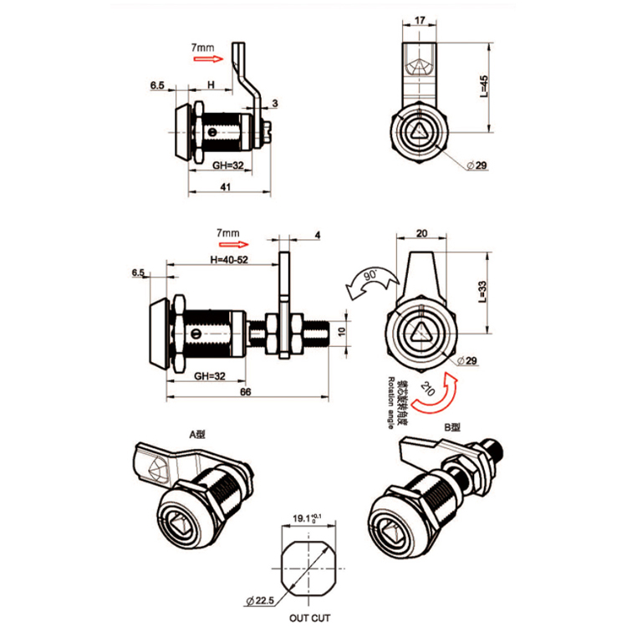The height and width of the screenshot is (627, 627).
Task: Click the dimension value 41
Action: click(225, 187)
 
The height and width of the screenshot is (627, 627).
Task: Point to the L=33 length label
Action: click(484, 290)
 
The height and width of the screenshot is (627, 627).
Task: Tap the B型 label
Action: click(452, 426)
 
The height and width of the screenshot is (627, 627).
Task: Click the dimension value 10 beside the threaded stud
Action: click(340, 332)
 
